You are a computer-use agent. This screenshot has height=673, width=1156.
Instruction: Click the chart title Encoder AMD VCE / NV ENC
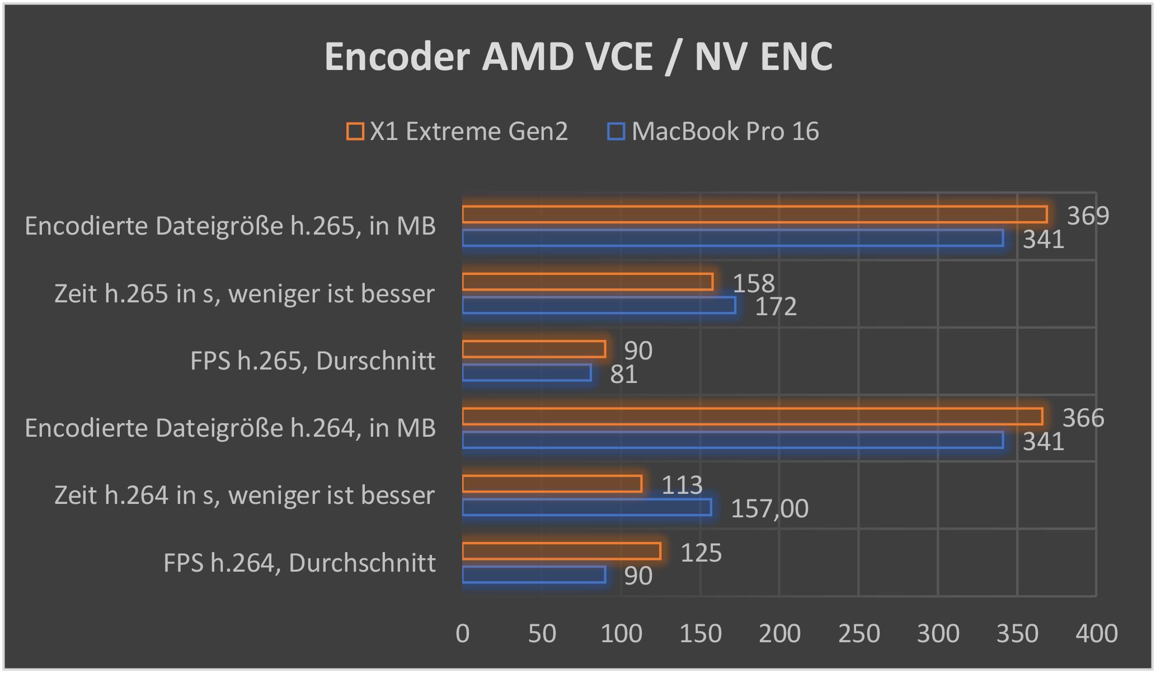click(x=578, y=57)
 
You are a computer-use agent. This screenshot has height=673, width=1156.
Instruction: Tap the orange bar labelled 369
click(x=754, y=214)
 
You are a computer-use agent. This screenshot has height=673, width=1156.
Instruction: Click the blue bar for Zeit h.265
click(x=599, y=306)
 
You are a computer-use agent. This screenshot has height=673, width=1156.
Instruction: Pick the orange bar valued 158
click(x=588, y=282)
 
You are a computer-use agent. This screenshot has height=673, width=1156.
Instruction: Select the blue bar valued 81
click(x=527, y=373)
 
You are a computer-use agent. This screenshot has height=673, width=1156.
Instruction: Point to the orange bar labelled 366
click(x=752, y=417)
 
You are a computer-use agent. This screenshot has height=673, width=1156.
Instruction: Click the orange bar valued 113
click(x=552, y=484)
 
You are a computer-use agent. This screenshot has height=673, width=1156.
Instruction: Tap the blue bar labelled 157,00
click(x=587, y=507)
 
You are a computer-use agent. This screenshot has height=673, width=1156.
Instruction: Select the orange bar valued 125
click(x=561, y=552)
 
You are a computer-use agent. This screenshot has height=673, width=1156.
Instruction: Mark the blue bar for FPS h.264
click(x=534, y=575)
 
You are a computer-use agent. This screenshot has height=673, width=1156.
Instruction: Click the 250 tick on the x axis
click(x=859, y=634)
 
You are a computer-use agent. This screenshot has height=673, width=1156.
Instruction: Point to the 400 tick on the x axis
click(x=1097, y=634)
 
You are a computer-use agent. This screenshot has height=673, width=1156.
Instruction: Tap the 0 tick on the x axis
click(x=463, y=634)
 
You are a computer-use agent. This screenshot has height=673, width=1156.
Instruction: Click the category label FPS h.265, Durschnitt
click(x=313, y=361)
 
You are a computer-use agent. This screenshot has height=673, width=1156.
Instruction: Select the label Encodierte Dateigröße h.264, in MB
click(x=230, y=428)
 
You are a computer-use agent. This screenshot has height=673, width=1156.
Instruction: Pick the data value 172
click(x=776, y=307)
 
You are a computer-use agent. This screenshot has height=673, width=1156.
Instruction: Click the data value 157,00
click(x=769, y=509)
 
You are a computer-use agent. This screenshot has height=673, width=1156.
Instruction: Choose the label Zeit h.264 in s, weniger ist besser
click(x=245, y=496)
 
